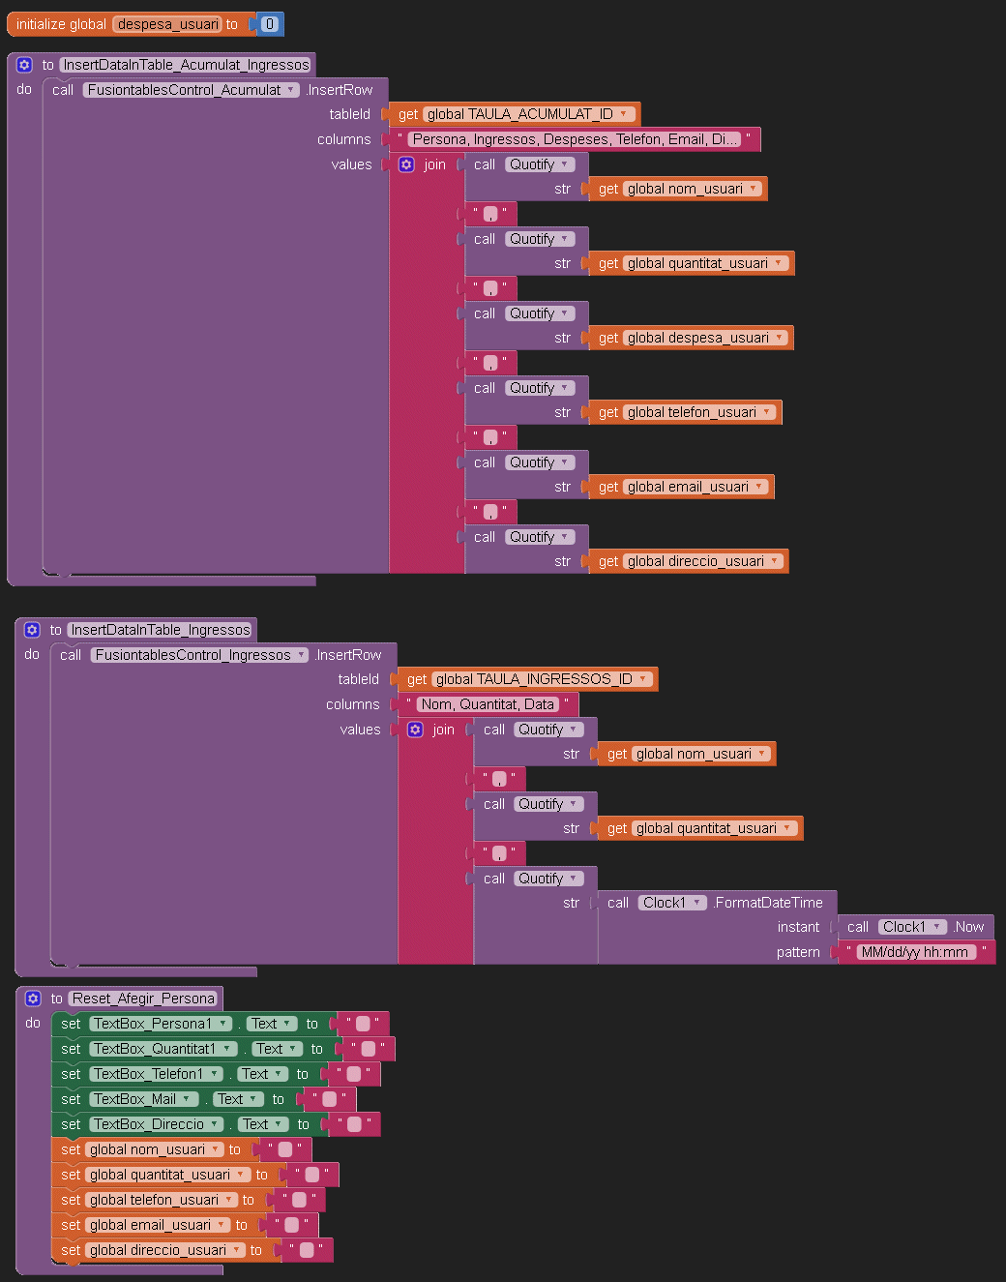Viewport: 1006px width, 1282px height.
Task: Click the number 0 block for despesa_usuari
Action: click(269, 24)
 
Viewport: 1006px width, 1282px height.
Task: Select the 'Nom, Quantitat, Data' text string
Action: click(488, 704)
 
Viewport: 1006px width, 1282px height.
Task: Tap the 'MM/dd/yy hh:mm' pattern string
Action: click(915, 952)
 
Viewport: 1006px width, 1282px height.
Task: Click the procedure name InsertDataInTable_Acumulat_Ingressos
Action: click(187, 65)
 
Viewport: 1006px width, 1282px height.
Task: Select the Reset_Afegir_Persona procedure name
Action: click(144, 999)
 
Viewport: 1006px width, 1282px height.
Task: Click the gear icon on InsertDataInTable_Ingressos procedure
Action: click(32, 630)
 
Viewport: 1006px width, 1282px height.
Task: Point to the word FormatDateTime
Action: click(768, 903)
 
